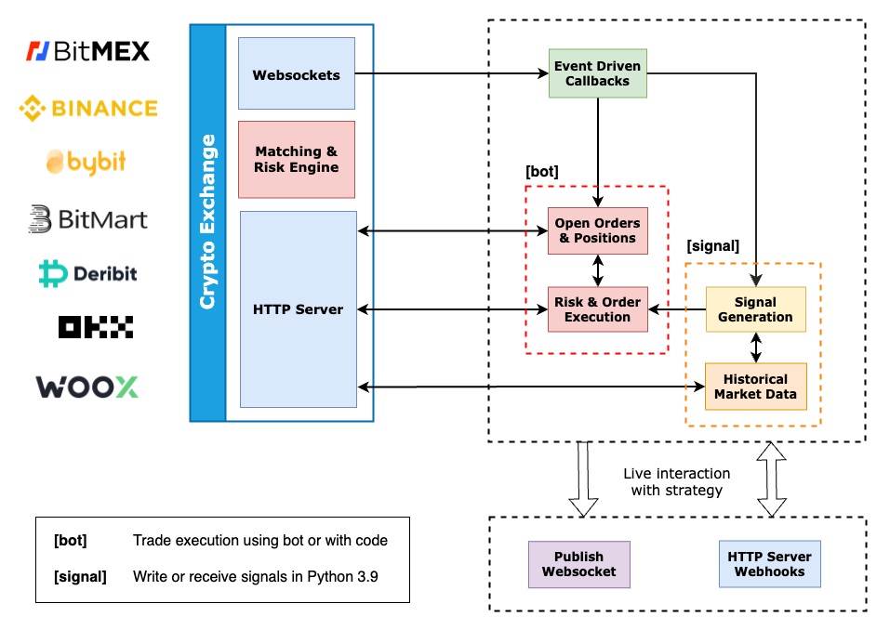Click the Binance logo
point(88,109)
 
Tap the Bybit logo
point(86,162)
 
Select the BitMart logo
point(87,219)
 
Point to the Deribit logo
point(87,273)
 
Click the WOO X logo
point(87,387)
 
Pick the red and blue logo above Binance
point(37,51)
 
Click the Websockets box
point(296,74)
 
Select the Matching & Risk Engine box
point(296,160)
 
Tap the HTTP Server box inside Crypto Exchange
point(298,309)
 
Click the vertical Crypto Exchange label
point(207,222)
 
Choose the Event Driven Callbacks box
point(597,73)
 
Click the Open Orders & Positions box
point(597,230)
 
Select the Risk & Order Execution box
point(597,309)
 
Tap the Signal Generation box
point(755,309)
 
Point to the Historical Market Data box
point(755,387)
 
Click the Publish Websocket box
point(578,564)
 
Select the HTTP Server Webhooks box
point(769,564)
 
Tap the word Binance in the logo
point(104,109)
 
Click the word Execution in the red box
point(597,317)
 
